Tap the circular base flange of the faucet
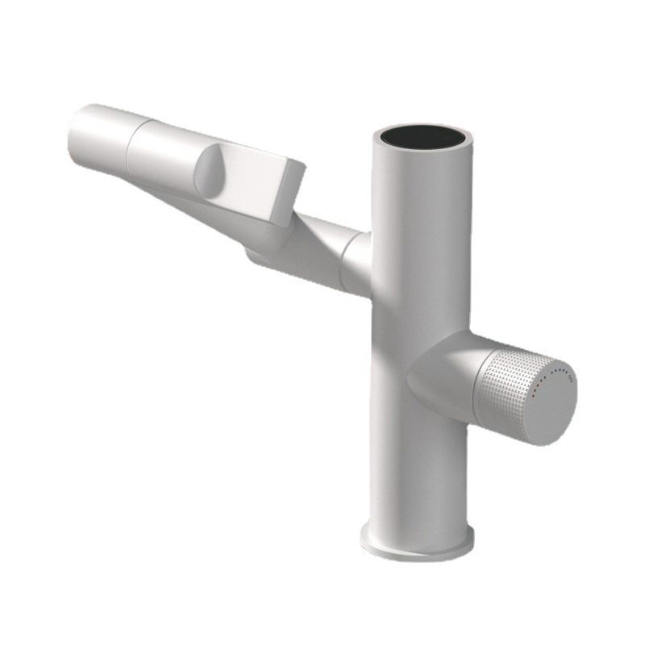pyautogui.click(x=416, y=543)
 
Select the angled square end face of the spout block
pyautogui.click(x=289, y=193)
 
